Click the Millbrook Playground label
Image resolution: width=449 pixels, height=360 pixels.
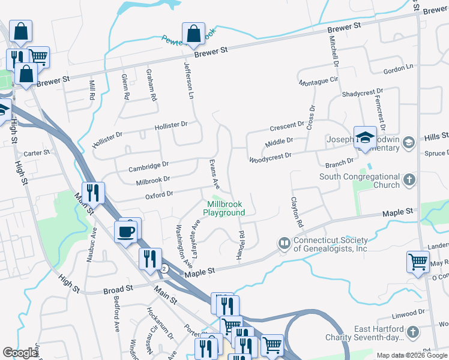[x=224, y=208]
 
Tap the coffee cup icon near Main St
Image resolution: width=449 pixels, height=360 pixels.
[x=126, y=231]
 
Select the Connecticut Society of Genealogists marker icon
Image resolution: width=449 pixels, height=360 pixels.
[x=283, y=244]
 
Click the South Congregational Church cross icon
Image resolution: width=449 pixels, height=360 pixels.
[x=409, y=180]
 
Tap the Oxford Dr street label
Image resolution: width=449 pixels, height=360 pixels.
[x=159, y=194]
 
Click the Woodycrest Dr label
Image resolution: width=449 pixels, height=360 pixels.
[x=270, y=156]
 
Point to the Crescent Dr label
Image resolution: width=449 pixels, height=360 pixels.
[x=287, y=125]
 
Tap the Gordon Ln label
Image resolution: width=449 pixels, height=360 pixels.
[x=399, y=70]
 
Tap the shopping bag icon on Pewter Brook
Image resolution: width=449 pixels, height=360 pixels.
[x=194, y=35]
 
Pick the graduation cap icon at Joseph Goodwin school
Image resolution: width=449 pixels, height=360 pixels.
[x=365, y=138]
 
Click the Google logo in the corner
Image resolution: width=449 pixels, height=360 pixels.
[x=20, y=353]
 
